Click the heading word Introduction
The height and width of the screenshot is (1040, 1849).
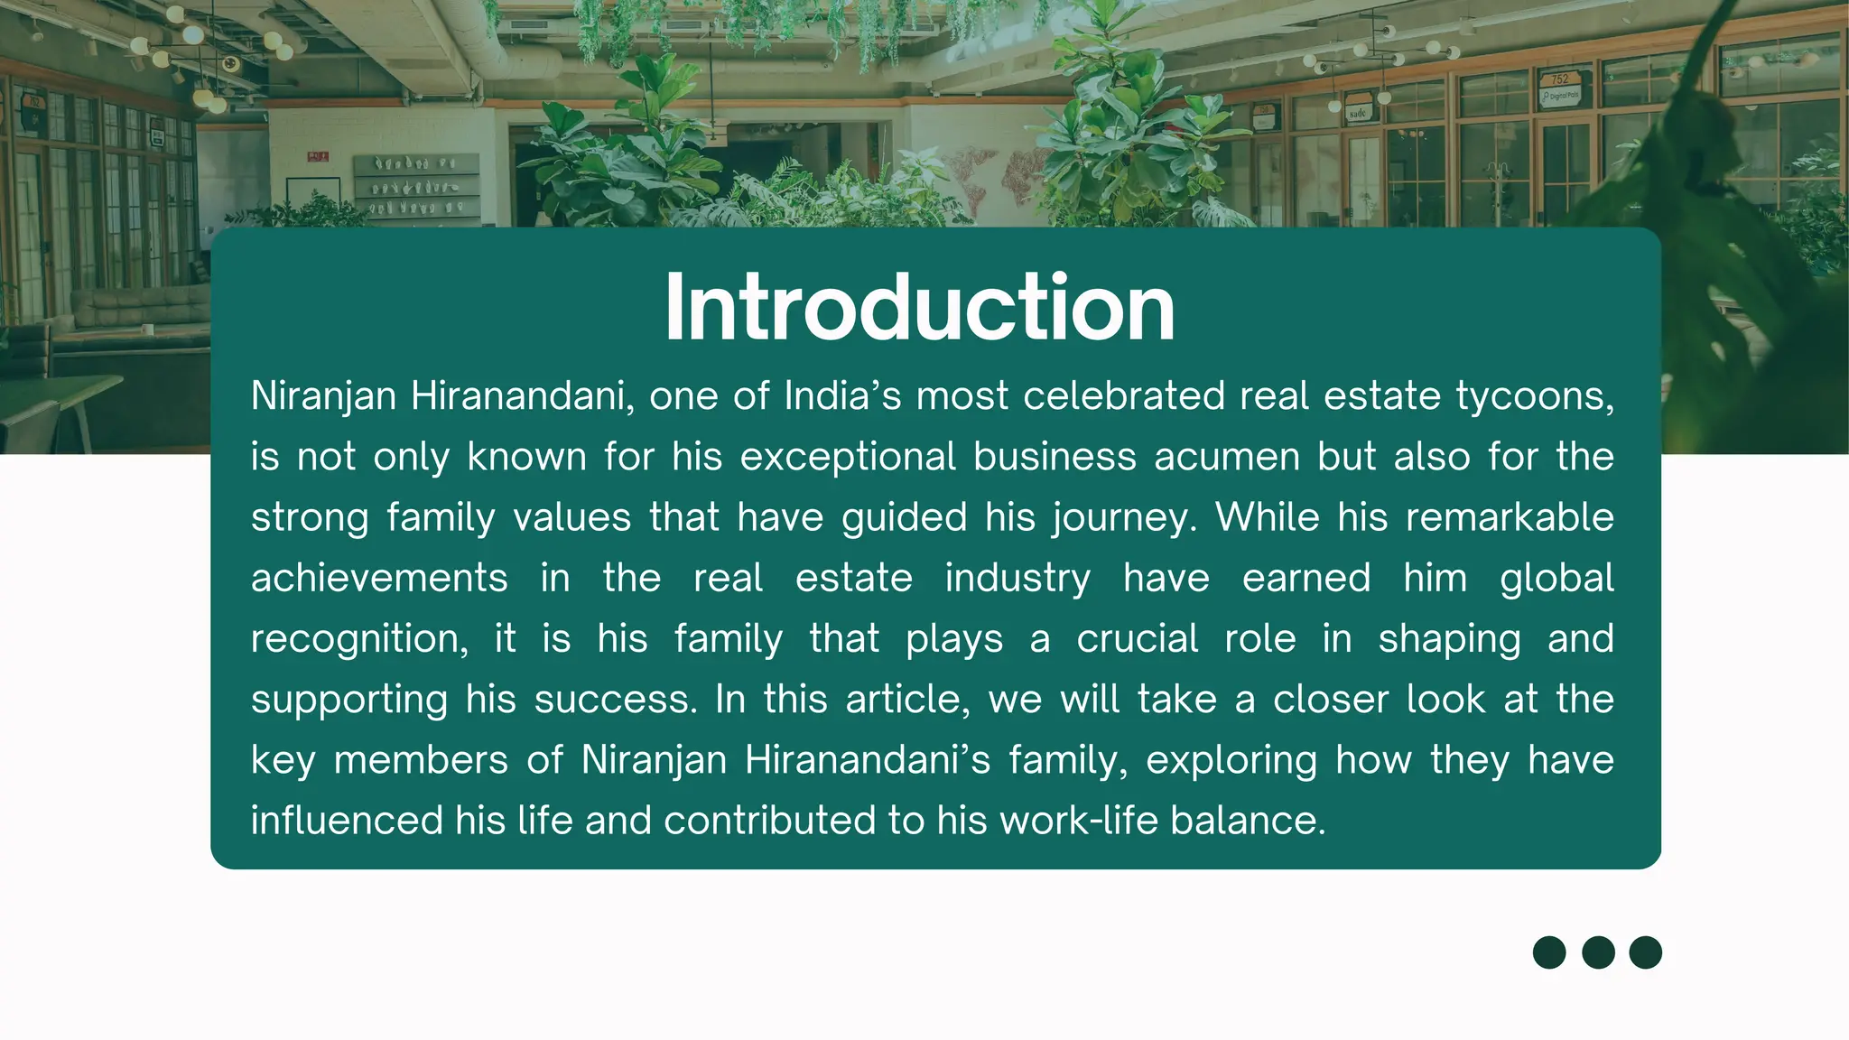[919, 308]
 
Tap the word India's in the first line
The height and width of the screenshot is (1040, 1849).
[842, 395]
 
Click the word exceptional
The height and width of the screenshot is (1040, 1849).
[848, 458]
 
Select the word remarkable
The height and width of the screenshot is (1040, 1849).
[1510, 517]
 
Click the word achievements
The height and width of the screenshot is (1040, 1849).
[379, 579]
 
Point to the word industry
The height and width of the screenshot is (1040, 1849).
[1017, 579]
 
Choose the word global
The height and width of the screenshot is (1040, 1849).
[1556, 579]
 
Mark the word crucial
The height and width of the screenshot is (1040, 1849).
[1137, 638]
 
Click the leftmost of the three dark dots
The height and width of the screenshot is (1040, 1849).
[1549, 952]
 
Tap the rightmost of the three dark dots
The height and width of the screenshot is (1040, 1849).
[1645, 952]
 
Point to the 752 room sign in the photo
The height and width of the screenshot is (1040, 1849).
[1559, 80]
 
